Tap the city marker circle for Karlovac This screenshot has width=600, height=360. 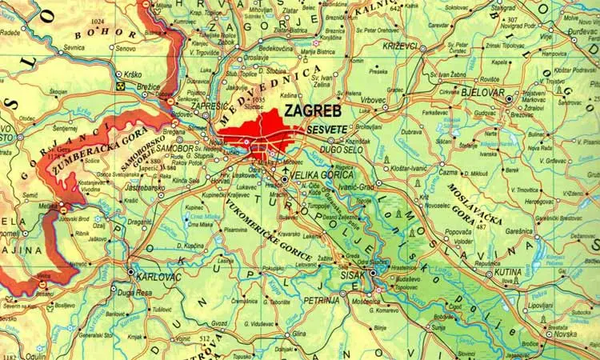pyautogui.click(x=131, y=272)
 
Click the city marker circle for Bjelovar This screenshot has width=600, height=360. pyautogui.click(x=509, y=98)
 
